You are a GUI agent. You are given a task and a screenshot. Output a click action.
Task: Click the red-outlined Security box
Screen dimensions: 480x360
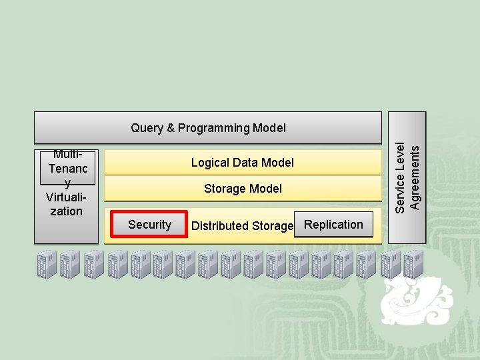[149, 225]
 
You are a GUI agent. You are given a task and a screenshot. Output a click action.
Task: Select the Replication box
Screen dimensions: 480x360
[333, 225]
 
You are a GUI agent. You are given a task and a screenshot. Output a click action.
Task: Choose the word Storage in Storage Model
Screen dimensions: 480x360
[225, 189]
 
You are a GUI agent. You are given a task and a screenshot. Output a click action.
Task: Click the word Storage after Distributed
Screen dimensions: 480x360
[272, 226]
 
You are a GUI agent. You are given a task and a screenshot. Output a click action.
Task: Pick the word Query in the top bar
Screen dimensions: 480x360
[146, 127]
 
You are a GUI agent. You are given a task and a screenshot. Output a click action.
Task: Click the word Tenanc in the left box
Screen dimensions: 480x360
[68, 169]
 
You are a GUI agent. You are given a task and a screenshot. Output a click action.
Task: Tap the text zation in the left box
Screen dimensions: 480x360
[67, 211]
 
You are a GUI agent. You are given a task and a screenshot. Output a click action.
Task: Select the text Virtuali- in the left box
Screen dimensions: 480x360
[65, 197]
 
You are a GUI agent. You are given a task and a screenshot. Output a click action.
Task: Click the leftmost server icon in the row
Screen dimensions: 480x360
[47, 265]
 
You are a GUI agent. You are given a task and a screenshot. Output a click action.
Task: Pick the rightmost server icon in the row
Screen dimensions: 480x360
[413, 265]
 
